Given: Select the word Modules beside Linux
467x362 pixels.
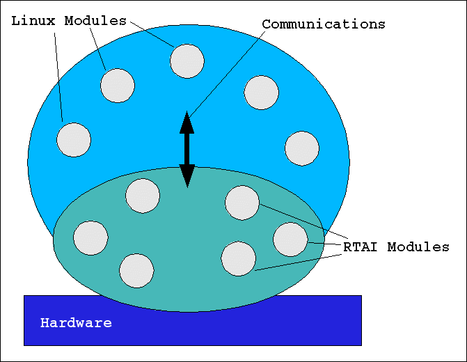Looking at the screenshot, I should [95, 21].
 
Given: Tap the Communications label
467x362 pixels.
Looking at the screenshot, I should [323, 24].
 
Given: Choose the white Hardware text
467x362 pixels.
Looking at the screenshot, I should [76, 323].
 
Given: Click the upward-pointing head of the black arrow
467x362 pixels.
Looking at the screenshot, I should [187, 123].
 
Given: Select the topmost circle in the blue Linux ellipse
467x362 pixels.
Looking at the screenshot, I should [187, 61].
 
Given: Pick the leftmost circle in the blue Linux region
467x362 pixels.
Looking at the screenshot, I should [74, 140].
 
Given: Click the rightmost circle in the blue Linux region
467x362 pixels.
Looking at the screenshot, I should [302, 148].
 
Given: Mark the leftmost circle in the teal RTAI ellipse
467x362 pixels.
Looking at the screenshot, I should [90, 238].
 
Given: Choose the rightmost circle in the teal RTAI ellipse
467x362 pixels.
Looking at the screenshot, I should [290, 239].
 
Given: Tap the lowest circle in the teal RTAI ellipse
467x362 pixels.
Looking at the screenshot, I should [136, 271].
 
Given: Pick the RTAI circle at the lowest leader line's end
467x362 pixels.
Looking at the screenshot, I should [238, 258].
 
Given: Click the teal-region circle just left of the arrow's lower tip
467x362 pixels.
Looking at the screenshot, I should [143, 196].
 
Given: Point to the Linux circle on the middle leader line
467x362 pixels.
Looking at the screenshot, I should [118, 86].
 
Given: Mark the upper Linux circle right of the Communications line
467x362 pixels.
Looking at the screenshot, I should [262, 93].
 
